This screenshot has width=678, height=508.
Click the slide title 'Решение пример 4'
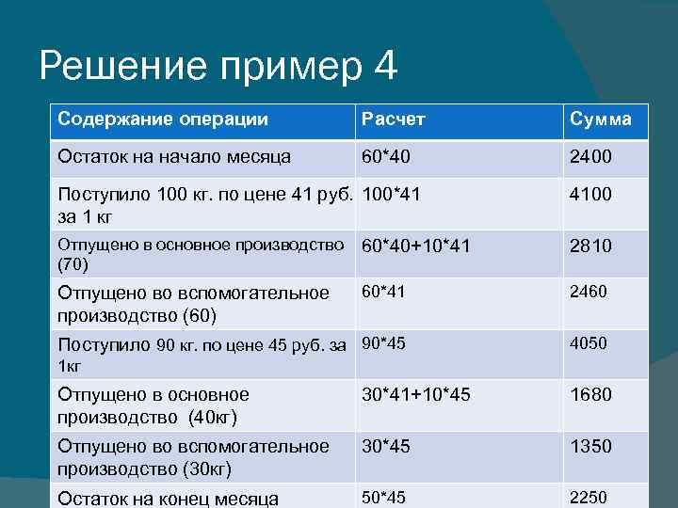coord(218,67)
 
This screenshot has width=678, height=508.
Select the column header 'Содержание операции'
coord(163,119)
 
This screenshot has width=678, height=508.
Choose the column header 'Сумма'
coord(600,120)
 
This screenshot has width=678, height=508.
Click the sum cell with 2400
coord(590,156)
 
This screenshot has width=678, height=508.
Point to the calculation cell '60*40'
coord(387,156)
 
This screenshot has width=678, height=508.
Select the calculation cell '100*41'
coord(392,195)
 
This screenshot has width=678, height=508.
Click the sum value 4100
coord(590,195)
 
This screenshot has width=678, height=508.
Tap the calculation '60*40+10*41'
coord(416,246)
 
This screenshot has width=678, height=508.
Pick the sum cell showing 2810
coord(590,246)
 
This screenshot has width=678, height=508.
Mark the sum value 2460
coord(588,292)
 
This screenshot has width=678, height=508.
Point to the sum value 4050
coord(588,343)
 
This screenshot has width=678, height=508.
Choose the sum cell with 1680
coord(590,395)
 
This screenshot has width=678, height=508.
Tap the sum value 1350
coord(590,446)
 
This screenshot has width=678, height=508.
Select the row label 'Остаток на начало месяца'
coord(174,156)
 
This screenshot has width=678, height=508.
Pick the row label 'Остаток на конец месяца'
coord(169,498)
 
